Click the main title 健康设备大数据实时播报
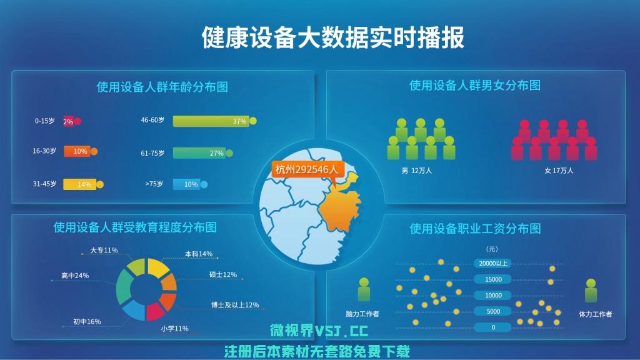(x=332, y=37)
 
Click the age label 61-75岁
(x=152, y=153)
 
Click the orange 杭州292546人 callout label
(x=307, y=169)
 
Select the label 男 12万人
(x=416, y=171)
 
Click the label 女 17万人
(x=559, y=171)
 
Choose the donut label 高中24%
(x=75, y=276)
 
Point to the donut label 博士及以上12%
(x=235, y=305)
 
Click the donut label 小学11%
(x=175, y=328)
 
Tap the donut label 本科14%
(x=199, y=254)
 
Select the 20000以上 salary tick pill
(x=493, y=263)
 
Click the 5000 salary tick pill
(x=493, y=311)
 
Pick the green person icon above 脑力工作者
(x=364, y=289)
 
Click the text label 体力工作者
(x=596, y=314)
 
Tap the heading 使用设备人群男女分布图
(x=475, y=85)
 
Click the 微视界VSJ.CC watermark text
(x=319, y=331)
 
